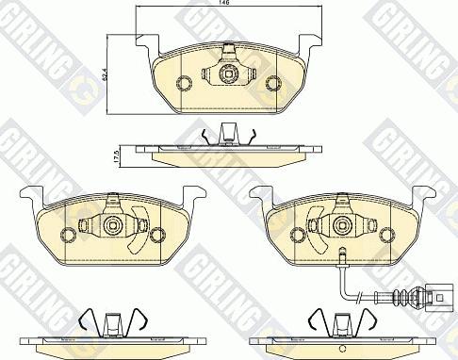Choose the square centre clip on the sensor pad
point(341,226)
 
